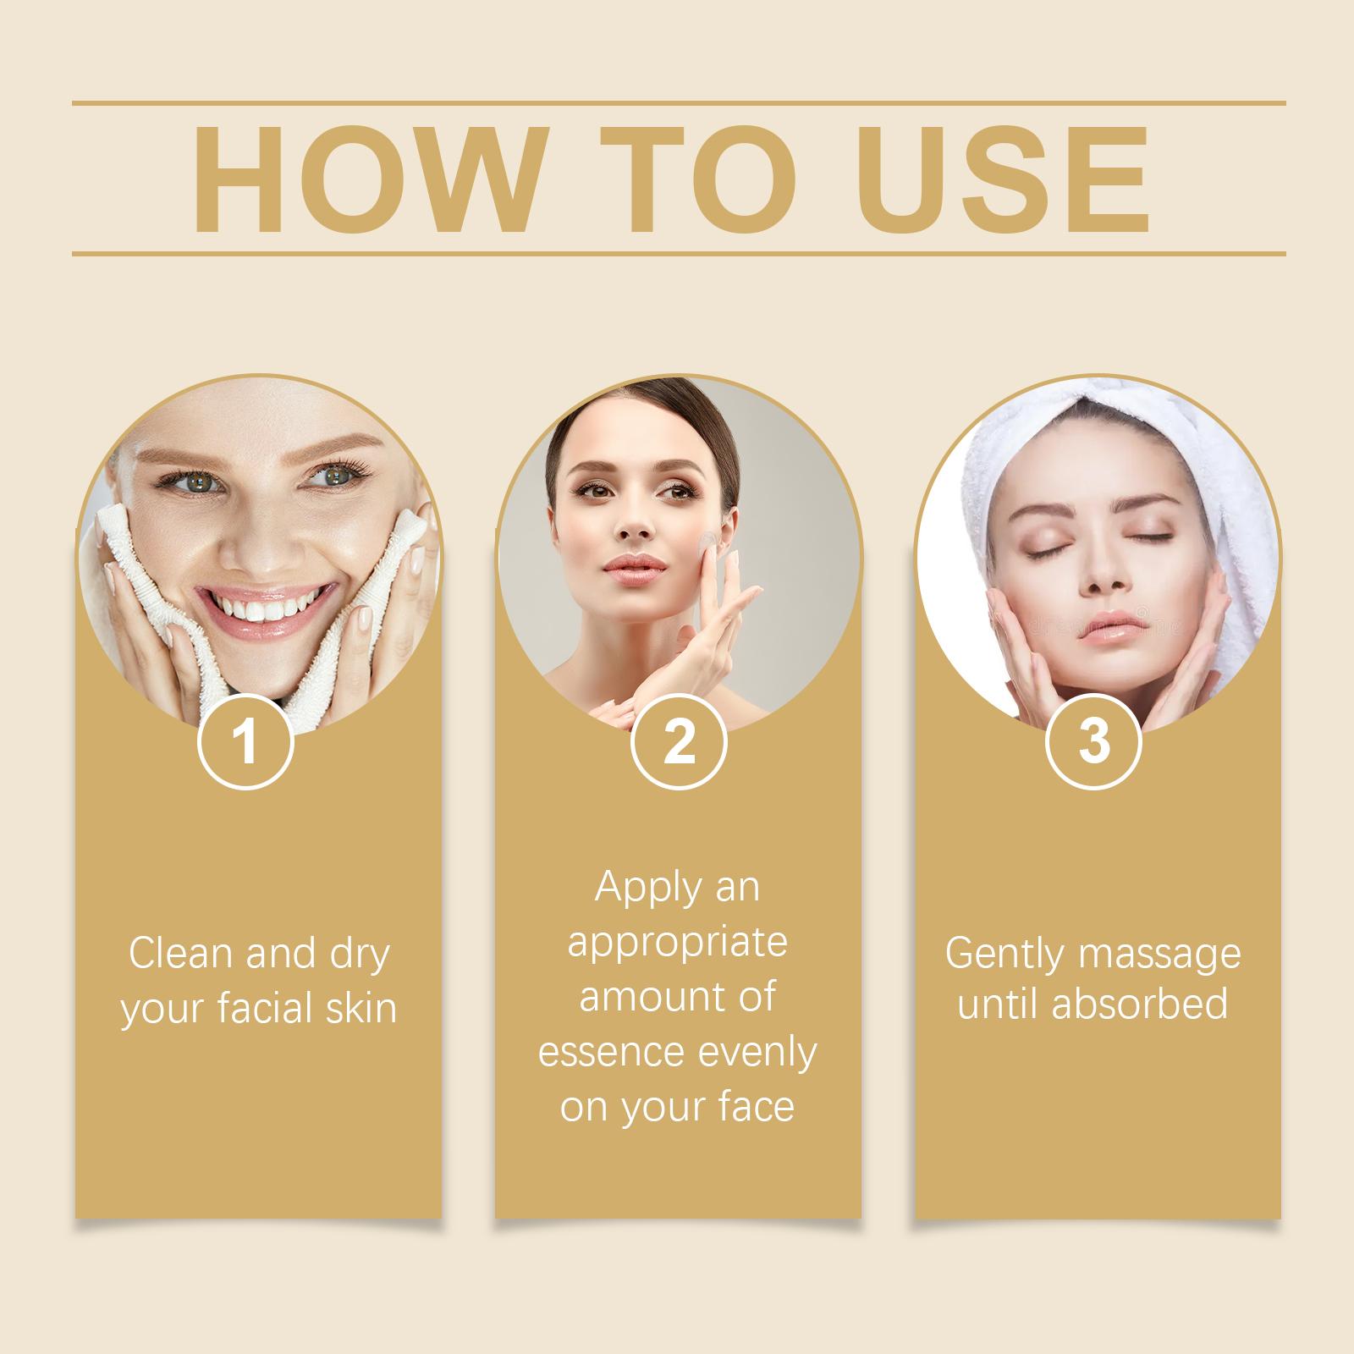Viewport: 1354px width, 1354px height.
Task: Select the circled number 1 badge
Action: [245, 741]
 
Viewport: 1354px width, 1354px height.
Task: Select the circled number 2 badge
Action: [679, 741]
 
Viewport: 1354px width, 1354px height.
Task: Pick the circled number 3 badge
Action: [1094, 741]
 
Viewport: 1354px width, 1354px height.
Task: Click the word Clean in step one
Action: [180, 953]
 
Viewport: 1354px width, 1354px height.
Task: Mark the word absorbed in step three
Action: [1141, 1004]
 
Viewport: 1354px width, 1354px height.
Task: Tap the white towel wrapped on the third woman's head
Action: [1117, 457]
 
